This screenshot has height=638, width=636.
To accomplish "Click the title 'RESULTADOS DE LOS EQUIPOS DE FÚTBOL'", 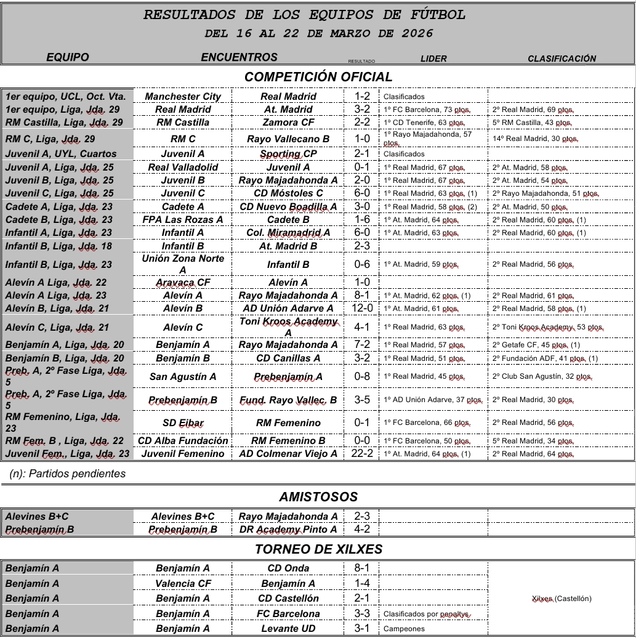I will [305, 15].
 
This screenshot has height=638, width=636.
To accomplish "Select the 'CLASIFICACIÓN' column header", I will [562, 59].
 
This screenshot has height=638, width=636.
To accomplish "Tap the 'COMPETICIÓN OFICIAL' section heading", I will [318, 77].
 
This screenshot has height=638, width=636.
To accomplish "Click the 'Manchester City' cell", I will [183, 97].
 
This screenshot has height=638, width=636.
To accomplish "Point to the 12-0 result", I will [361, 309].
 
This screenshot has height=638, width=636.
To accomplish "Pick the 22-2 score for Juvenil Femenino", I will [361, 454].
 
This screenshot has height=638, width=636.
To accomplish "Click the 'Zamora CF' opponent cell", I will [288, 123].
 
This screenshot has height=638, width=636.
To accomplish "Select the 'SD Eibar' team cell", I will [183, 423].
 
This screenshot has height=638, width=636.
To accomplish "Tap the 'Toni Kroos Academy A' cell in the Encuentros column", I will [288, 327].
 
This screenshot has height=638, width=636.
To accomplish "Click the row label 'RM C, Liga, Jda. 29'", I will [50, 139].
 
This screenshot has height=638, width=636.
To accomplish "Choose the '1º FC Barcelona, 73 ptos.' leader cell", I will [427, 110].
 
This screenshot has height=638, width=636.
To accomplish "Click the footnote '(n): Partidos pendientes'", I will [68, 474].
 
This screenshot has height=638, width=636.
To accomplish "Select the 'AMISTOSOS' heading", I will [318, 497].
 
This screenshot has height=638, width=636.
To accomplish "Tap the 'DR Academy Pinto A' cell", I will [288, 530].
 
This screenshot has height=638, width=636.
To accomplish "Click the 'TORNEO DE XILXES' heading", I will [318, 549].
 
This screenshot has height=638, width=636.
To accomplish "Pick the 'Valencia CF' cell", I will [183, 584].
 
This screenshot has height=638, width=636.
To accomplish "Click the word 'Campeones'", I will [404, 629].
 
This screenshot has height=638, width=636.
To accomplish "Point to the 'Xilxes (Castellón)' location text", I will [561, 599].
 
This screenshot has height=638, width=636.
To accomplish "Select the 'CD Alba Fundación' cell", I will [183, 441].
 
